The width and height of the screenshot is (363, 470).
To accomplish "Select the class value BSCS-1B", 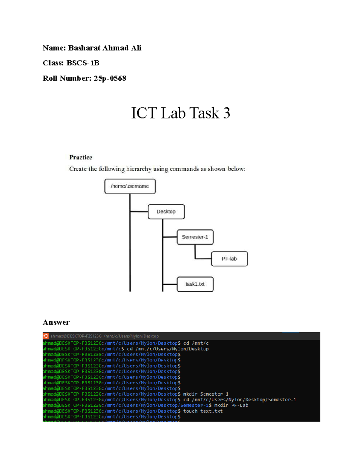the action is pyautogui.click(x=83, y=63).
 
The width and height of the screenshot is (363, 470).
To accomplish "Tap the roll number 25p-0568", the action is pyautogui.click(x=110, y=78).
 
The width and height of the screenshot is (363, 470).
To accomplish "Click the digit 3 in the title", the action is pyautogui.click(x=227, y=113).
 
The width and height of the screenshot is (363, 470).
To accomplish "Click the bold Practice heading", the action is pyautogui.click(x=80, y=157).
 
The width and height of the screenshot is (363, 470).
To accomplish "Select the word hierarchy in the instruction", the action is pyautogui.click(x=139, y=169).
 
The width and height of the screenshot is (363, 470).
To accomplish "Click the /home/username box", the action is pyautogui.click(x=130, y=186).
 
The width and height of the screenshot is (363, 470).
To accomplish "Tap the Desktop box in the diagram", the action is pyautogui.click(x=166, y=212).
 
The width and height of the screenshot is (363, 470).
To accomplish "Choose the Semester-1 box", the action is pyautogui.click(x=195, y=237).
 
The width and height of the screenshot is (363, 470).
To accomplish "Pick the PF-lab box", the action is pyautogui.click(x=229, y=259).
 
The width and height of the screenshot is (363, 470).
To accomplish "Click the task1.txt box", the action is pyautogui.click(x=195, y=284).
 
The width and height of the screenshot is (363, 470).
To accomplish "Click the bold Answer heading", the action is pyautogui.click(x=56, y=322).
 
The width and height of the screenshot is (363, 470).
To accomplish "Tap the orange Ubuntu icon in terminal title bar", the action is pyautogui.click(x=46, y=336).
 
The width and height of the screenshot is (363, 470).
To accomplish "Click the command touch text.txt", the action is pyautogui.click(x=203, y=411).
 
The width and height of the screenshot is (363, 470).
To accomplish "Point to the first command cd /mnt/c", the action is pyautogui.click(x=196, y=343).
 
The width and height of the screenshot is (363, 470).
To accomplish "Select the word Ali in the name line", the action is pyautogui.click(x=136, y=48).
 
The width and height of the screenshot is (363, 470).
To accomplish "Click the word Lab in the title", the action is pyautogui.click(x=173, y=113).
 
